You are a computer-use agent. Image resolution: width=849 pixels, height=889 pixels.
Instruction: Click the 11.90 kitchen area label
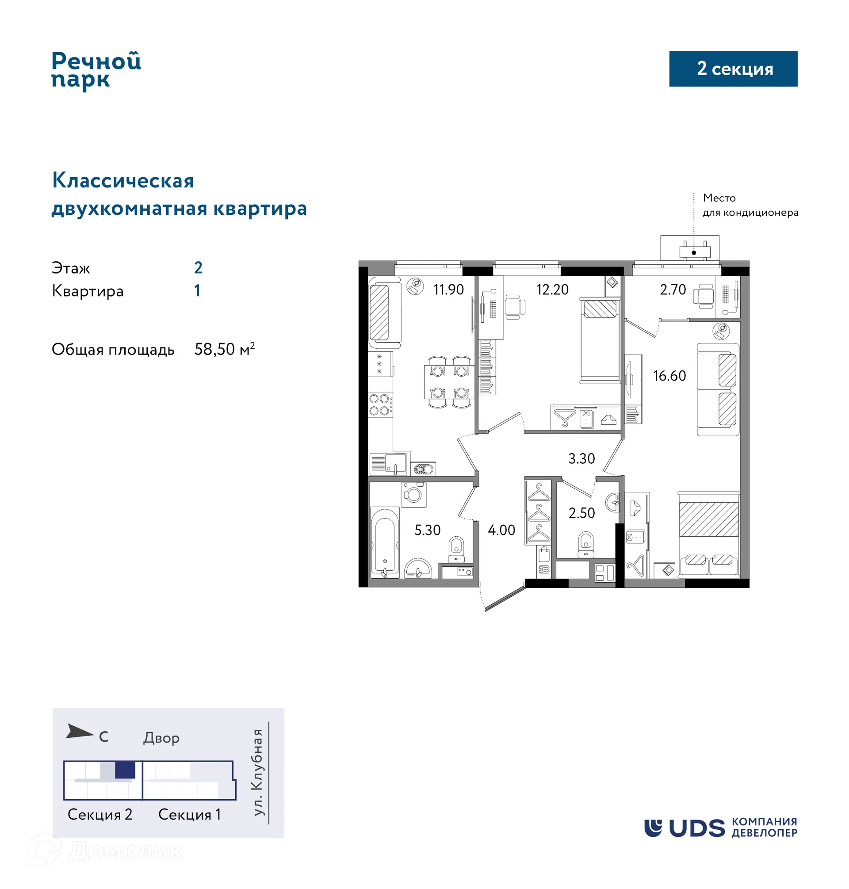[448, 290]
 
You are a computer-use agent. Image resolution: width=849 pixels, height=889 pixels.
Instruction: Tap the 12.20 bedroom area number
[552, 290]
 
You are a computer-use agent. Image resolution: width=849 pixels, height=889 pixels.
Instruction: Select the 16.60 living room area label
[669, 375]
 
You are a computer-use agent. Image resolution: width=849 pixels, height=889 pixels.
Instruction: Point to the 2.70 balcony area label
[673, 290]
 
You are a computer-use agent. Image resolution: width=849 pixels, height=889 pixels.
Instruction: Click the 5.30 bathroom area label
[427, 530]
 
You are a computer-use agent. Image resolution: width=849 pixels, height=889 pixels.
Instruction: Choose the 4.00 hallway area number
[501, 530]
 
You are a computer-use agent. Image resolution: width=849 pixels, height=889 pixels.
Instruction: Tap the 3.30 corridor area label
[581, 458]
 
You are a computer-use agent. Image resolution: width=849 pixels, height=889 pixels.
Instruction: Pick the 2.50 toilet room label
[581, 513]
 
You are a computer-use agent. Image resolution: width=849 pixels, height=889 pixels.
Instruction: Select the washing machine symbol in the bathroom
[413, 494]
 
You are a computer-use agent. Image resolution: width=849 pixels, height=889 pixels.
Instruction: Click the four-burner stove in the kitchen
[380, 404]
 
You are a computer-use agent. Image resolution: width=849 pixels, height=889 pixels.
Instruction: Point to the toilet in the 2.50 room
[585, 544]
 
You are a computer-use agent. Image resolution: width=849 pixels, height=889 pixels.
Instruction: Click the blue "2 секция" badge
[733, 69]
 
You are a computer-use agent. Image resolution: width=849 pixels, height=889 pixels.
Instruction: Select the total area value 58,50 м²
[224, 349]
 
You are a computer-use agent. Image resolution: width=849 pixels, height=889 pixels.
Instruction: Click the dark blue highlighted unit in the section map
[125, 770]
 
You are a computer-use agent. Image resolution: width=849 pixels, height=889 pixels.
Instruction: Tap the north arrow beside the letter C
[79, 732]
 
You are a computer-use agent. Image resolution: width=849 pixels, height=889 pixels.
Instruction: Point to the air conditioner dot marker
[694, 252]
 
